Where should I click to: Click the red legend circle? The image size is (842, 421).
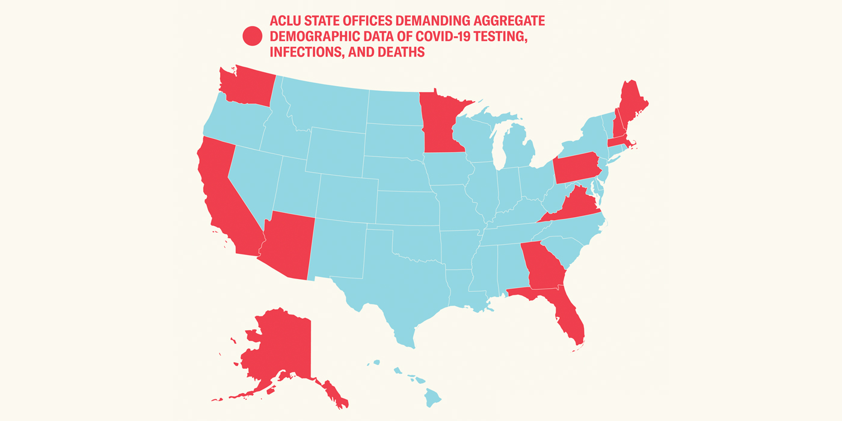click(x=252, y=36)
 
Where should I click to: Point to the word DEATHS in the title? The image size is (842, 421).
click(x=402, y=52)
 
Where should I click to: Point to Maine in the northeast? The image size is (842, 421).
click(x=631, y=105)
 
